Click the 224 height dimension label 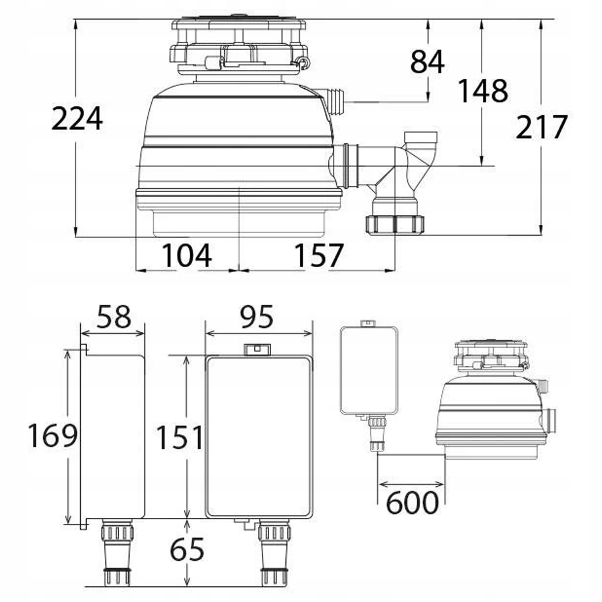click(x=77, y=119)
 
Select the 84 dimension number click(x=427, y=62)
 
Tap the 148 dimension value click(x=483, y=91)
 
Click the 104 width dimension click(x=187, y=256)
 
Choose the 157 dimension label click(x=319, y=256)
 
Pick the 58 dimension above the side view click(x=114, y=317)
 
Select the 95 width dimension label click(x=257, y=317)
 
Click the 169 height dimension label click(x=52, y=436)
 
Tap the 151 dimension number click(x=180, y=437)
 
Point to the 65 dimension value click(x=187, y=550)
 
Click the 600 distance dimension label click(x=412, y=502)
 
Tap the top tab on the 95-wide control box click(x=257, y=349)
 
